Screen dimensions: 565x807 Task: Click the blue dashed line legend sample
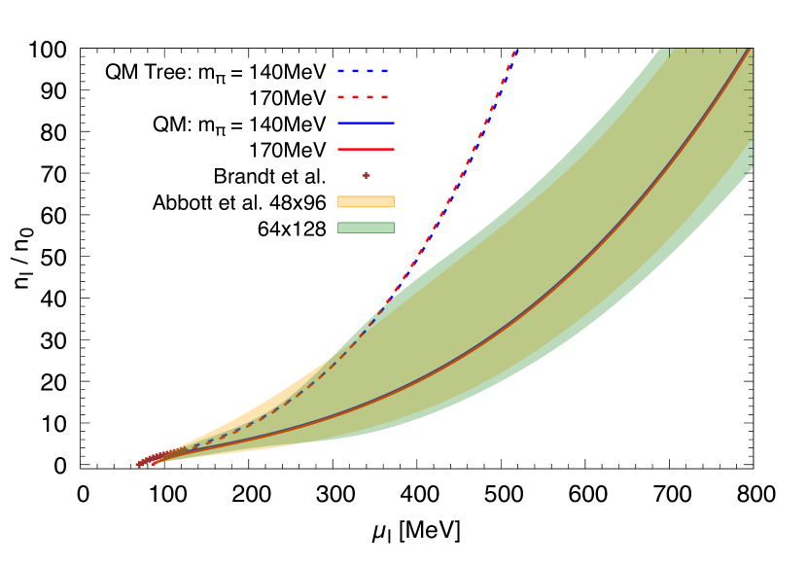click(x=364, y=71)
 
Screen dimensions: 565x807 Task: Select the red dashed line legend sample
click(x=364, y=97)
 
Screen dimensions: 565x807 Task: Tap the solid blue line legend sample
click(x=366, y=123)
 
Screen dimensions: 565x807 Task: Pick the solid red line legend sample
click(x=366, y=149)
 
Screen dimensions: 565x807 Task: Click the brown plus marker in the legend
click(x=367, y=175)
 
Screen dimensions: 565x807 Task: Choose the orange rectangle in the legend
click(x=366, y=201)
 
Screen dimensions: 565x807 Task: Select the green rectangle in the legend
click(x=366, y=228)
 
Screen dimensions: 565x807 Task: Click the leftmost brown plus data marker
click(x=139, y=465)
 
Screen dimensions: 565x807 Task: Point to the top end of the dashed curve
click(x=515, y=51)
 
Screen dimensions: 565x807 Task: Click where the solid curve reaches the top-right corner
click(x=750, y=52)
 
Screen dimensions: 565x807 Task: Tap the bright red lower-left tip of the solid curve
click(x=154, y=463)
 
